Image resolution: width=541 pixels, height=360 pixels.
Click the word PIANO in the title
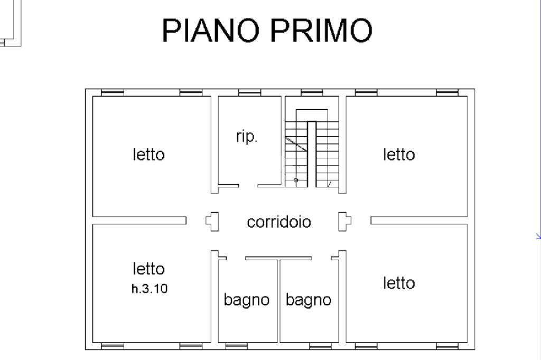coord(212,30)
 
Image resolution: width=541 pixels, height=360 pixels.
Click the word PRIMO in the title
coord(321,30)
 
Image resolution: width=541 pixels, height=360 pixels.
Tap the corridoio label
coord(279,222)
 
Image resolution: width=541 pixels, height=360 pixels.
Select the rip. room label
coord(247,137)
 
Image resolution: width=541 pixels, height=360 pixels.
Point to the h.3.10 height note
coord(150,289)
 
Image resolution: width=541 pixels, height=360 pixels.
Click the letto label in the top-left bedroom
coord(149,155)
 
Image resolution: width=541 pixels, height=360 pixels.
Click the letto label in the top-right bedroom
coord(399,155)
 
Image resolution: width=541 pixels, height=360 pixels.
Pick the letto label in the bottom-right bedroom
coord(399,283)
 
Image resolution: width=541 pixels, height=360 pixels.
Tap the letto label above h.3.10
coord(149,269)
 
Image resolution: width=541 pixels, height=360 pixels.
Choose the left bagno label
coord(247,300)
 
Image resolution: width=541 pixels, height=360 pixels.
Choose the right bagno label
coord(309,300)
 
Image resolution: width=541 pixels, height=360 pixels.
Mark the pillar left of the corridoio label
coord(212,221)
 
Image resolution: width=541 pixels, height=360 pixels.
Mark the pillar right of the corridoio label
coord(344,221)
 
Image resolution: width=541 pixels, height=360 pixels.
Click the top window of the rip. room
coord(249,93)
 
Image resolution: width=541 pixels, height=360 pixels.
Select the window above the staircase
coord(312,93)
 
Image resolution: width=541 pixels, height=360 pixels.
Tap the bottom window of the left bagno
coord(236,346)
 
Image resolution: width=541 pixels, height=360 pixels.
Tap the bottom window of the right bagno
coord(320,346)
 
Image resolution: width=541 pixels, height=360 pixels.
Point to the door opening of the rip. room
coord(248,186)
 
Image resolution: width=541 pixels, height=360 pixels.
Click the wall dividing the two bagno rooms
coord(279,301)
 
